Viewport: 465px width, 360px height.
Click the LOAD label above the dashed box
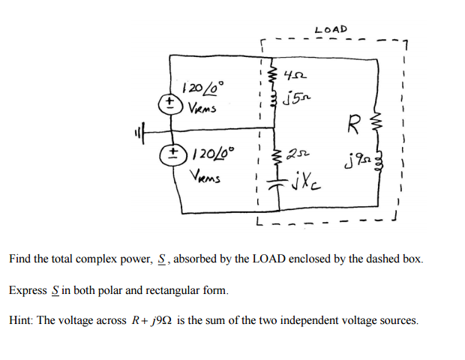click(331, 29)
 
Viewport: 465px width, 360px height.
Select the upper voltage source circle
click(171, 100)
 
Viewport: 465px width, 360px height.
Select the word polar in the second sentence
click(130, 289)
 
